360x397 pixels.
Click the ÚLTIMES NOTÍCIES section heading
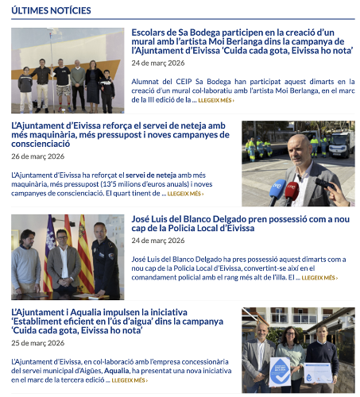(x=52, y=10)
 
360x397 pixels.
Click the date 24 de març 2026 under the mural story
(x=157, y=63)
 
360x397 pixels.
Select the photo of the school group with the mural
(x=68, y=70)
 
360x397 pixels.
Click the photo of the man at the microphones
(x=298, y=163)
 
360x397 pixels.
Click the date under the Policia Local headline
(x=157, y=240)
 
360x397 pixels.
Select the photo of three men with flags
(x=68, y=256)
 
